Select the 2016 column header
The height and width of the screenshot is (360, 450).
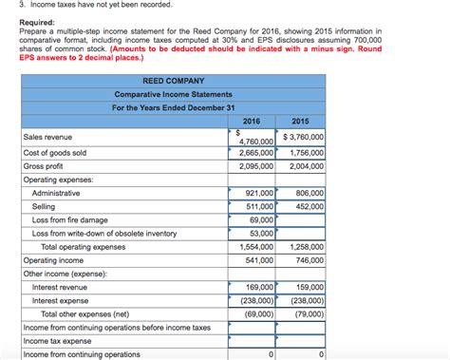pyautogui.click(x=252, y=122)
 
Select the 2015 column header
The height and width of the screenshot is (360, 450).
pyautogui.click(x=301, y=122)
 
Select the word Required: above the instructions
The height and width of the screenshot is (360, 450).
pyautogui.click(x=37, y=22)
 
